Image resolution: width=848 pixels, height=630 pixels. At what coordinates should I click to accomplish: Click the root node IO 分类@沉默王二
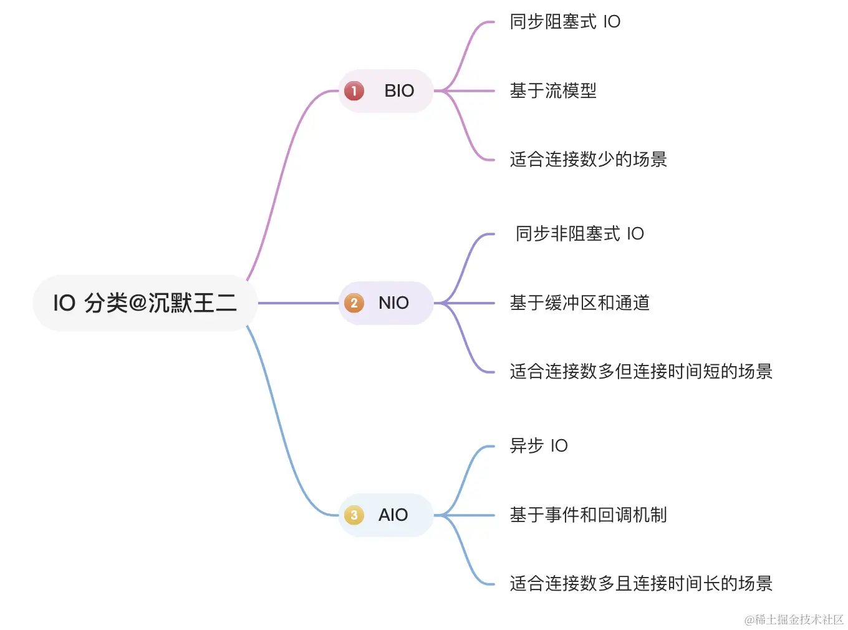click(145, 303)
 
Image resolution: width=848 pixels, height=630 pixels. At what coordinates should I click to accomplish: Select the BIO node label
click(399, 91)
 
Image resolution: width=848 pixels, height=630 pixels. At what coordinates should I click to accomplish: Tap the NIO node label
click(393, 303)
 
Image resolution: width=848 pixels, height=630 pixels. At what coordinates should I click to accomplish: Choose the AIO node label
click(393, 515)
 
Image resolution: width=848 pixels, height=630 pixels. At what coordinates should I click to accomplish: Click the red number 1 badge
click(354, 91)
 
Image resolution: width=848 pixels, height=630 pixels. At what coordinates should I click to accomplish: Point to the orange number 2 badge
click(354, 303)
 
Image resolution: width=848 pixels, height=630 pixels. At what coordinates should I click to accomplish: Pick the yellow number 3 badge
click(354, 515)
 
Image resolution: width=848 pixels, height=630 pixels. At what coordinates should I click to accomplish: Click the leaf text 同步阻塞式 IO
click(565, 22)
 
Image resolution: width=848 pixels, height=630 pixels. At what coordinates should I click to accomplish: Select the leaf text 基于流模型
click(553, 91)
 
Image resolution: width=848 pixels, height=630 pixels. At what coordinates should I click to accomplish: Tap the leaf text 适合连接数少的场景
click(588, 160)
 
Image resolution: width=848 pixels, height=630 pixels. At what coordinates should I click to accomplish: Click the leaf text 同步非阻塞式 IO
click(579, 234)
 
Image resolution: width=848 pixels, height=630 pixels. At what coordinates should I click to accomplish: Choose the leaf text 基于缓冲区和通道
click(579, 303)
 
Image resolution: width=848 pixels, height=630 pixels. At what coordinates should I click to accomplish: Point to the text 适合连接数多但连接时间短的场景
click(641, 372)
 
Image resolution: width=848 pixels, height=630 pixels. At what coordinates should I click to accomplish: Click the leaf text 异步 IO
click(539, 446)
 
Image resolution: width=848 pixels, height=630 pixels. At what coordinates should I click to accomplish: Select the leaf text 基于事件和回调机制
click(588, 515)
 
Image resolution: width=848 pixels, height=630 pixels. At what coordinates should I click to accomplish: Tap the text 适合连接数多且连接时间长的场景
click(641, 584)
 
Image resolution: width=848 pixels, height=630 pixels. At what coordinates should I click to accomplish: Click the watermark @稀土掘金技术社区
click(794, 619)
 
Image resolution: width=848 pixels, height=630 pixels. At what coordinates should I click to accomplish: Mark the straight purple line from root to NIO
click(298, 303)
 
